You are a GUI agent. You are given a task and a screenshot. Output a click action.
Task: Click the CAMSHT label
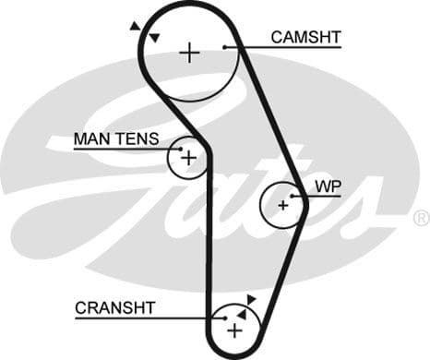pos(305,37)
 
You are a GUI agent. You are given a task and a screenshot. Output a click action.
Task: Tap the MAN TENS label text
pos(115,139)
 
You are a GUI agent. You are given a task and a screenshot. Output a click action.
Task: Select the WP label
pos(328,186)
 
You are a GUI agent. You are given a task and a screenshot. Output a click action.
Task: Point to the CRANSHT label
pos(115,307)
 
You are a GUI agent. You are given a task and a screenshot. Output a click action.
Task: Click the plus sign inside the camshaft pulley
pos(189,52)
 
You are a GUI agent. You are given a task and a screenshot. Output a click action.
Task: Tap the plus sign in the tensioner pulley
pos(189,158)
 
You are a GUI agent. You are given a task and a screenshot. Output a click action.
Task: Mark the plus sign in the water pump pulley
pos(282,205)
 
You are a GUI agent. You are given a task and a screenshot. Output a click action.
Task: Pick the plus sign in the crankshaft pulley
pos(234,330)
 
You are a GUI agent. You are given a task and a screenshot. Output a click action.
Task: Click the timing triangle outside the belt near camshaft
pos(136,26)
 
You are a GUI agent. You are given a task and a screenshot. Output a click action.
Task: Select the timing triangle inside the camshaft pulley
pos(155,37)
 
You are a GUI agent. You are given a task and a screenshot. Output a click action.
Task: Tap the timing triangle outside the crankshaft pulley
pos(251,299)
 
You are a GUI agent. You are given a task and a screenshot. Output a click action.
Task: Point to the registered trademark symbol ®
pos(421,218)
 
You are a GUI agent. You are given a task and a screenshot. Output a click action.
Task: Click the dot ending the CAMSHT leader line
pos(226,46)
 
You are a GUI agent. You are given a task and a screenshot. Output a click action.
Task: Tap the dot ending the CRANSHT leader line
pos(224,318)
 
